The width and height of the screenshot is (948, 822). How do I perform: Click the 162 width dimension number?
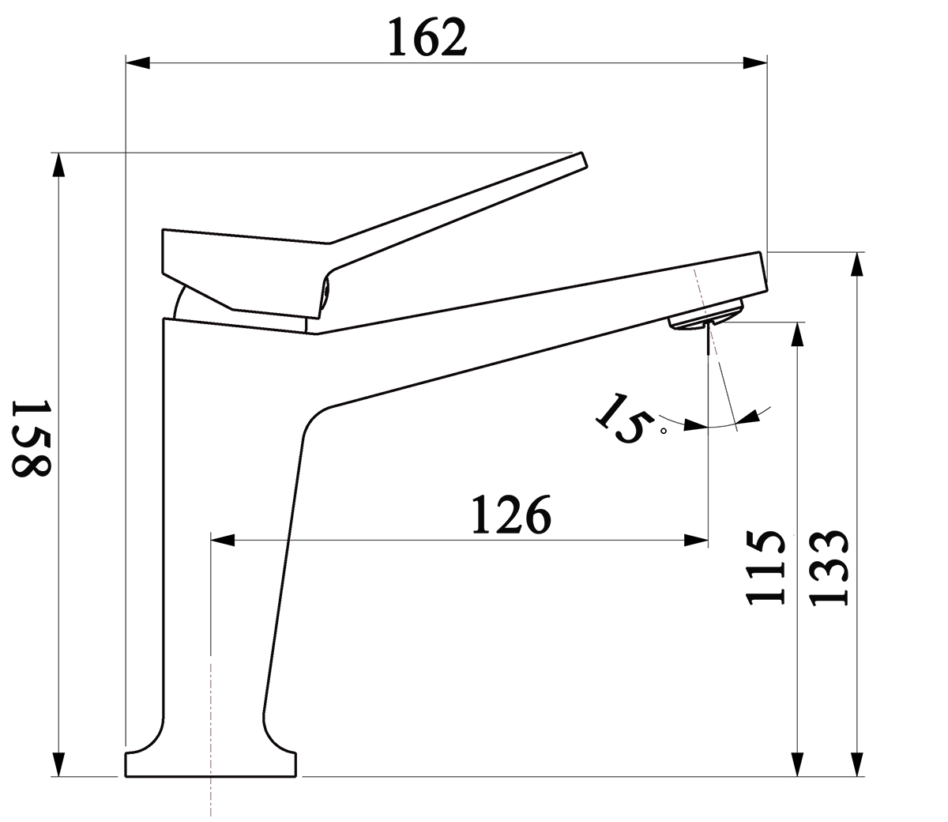(x=427, y=38)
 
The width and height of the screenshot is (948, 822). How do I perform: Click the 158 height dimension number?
(x=31, y=439)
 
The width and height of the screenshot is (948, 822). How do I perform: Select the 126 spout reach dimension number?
(x=511, y=515)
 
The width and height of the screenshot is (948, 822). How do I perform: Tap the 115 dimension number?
(x=766, y=567)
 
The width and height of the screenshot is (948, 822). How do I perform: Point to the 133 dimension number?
(x=829, y=567)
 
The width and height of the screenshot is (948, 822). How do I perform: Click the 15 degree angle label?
(x=625, y=419)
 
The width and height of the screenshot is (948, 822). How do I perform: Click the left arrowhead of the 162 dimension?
(x=137, y=63)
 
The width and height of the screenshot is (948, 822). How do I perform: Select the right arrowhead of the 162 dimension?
(x=755, y=63)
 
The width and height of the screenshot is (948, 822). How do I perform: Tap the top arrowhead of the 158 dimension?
(x=58, y=164)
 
